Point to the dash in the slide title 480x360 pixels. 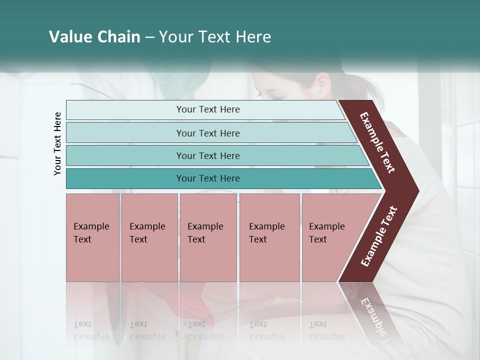[149, 37]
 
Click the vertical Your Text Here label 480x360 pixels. [57, 143]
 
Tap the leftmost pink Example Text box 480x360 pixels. [92, 237]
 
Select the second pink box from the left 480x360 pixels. [149, 237]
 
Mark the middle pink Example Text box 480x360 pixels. [208, 237]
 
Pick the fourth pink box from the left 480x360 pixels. [269, 237]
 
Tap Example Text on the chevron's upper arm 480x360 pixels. [377, 142]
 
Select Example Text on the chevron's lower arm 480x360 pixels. [378, 236]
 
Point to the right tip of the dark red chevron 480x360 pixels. [417, 191]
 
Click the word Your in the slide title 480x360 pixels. [175, 37]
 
